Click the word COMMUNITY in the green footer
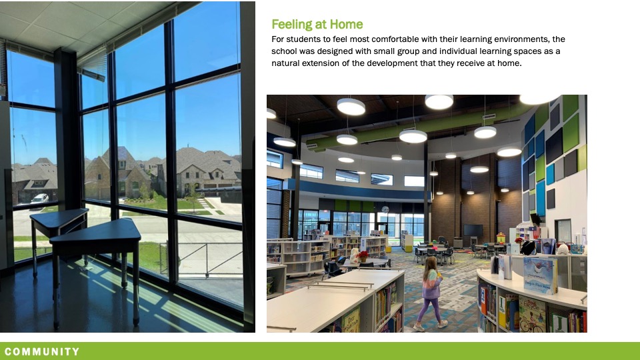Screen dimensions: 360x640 click(42, 351)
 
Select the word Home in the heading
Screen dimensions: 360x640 click(347, 25)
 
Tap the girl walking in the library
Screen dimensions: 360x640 click(431, 292)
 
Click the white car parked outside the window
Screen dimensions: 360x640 click(40, 199)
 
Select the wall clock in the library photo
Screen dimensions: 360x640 click(385, 209)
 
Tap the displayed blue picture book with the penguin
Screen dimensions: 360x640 click(541, 275)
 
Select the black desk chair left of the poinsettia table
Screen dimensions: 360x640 click(331, 268)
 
